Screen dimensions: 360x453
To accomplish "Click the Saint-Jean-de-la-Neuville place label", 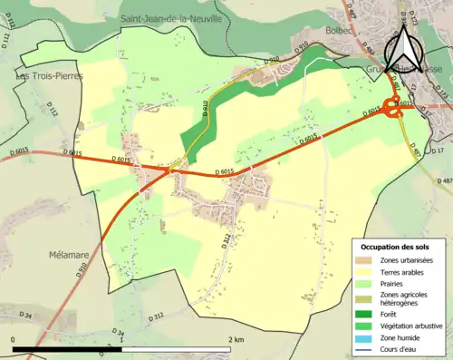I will click(171, 18).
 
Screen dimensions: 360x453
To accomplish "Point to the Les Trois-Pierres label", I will click(50, 76).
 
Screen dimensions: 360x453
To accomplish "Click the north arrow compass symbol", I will click(401, 50).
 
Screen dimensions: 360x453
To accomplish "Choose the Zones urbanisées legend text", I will click(407, 260).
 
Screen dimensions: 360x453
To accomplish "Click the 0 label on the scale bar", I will click(13, 339).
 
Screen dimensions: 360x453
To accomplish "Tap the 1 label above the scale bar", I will click(121, 339).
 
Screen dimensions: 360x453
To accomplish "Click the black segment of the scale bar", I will click(68, 348).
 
